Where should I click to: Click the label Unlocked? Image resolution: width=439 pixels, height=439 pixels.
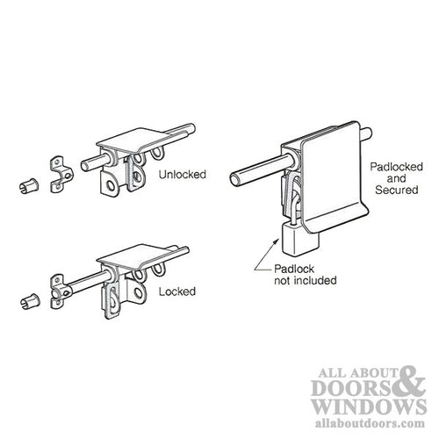tap(183, 175)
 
